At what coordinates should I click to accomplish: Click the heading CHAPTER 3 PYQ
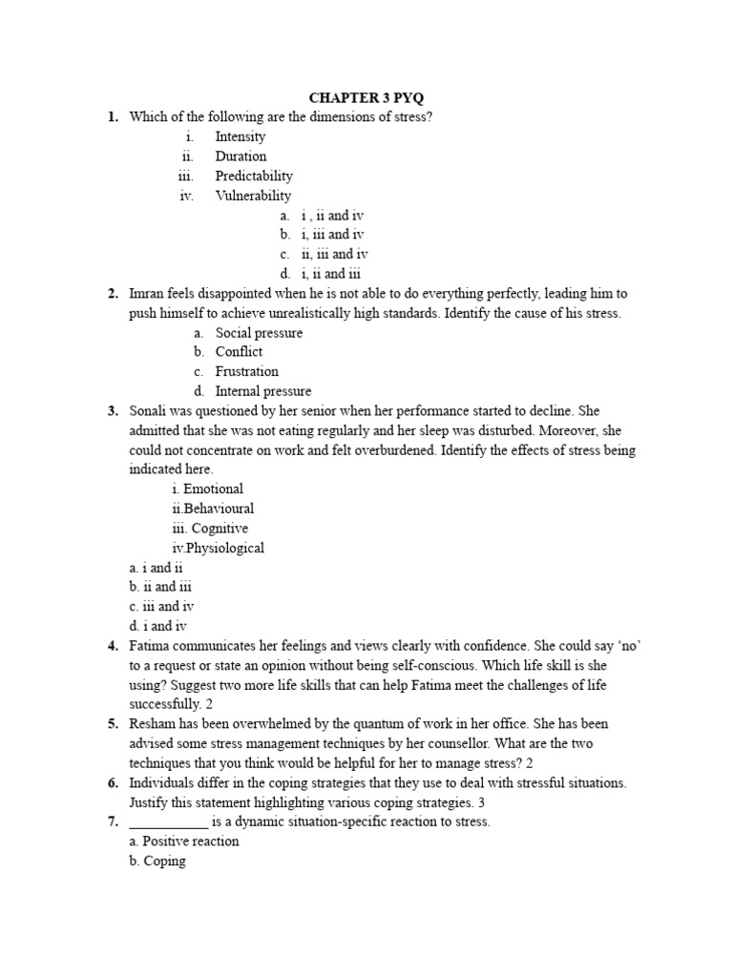coord(366,97)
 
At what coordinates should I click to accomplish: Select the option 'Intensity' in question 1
coord(240,136)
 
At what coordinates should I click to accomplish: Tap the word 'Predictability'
coord(254,176)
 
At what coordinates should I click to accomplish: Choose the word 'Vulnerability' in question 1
coord(253,196)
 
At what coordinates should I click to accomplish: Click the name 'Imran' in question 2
coord(149,294)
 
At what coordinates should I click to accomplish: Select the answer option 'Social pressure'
coord(259,333)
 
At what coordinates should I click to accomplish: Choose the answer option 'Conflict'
coord(239,352)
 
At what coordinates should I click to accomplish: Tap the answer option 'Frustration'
coord(246,371)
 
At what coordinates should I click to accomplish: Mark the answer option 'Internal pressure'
coord(262,391)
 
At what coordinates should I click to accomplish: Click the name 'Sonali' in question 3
coord(150,410)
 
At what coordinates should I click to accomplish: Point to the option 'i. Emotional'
coord(207,488)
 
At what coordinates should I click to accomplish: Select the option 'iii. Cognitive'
coord(209,528)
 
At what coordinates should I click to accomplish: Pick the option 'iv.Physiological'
coord(218,548)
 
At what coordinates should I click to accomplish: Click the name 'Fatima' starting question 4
coord(151,646)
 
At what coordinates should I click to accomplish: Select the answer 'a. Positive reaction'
coord(184,842)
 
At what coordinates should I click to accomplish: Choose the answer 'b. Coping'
coord(157,862)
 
